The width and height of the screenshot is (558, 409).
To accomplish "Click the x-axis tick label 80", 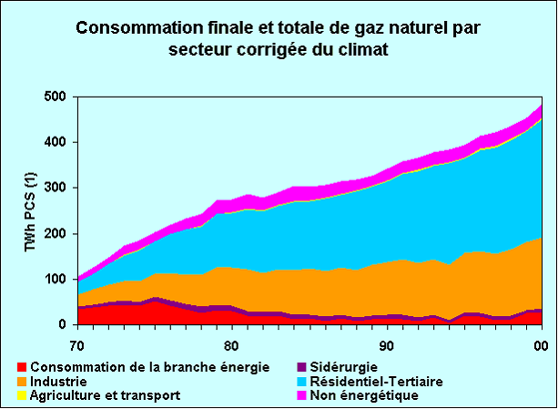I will pos(231,345).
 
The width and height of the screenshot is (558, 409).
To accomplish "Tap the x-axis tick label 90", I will pos(387,345).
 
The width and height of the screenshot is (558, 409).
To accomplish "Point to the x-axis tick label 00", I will pos(541,345).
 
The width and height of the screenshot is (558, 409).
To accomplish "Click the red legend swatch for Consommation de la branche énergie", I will pos(23,367).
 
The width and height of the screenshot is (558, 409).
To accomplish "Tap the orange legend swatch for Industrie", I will pos(23,382).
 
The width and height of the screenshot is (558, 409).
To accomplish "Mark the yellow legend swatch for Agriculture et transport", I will pos(23,395).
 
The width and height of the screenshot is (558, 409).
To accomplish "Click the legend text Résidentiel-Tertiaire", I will pos(376,382).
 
